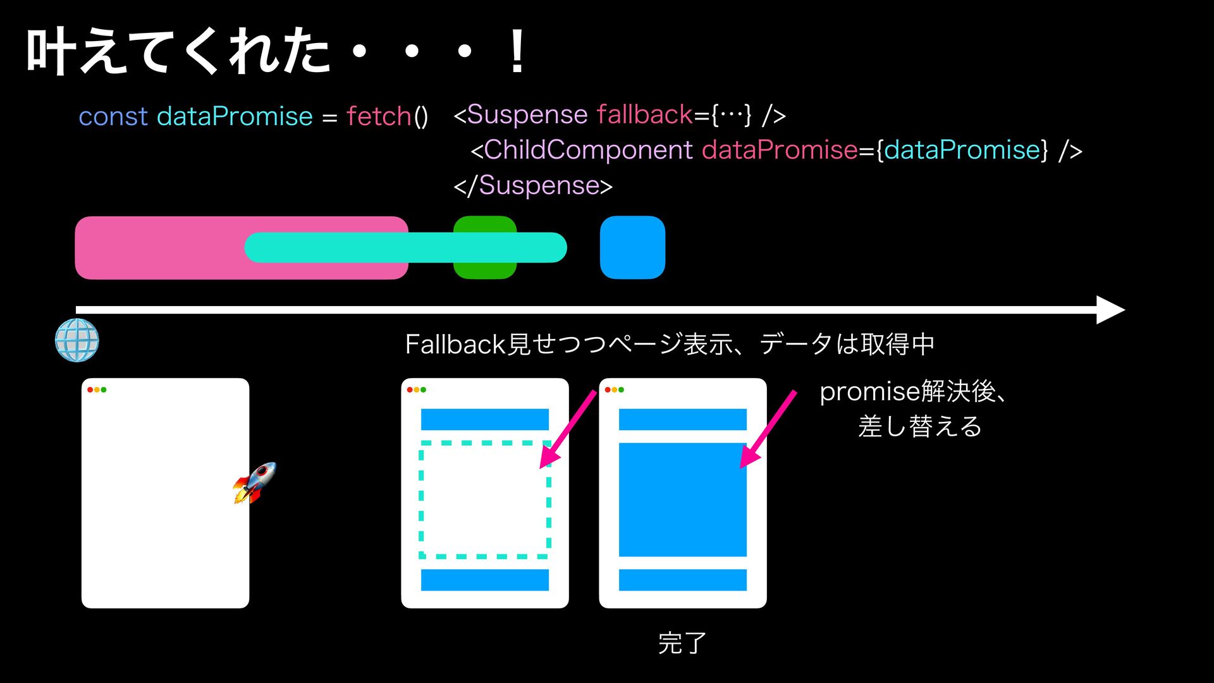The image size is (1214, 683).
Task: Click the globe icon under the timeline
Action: point(77,340)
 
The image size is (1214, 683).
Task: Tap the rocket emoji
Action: point(255,483)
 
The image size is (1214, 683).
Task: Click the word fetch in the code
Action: point(379,116)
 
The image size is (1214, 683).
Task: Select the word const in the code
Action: point(113,116)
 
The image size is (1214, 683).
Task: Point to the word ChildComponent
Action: point(588,150)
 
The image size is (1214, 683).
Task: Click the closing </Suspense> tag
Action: point(533,185)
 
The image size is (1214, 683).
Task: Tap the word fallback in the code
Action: point(644,114)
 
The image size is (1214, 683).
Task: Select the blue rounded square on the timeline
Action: point(632,247)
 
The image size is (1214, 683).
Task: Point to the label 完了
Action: point(682,643)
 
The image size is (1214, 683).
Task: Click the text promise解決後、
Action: point(912,391)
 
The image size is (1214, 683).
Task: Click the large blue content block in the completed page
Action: point(682,500)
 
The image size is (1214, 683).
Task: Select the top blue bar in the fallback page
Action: point(484,419)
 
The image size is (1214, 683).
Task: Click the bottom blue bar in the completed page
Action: point(682,579)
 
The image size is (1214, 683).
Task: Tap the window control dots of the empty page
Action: point(97,390)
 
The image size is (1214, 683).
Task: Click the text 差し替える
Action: point(920,426)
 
